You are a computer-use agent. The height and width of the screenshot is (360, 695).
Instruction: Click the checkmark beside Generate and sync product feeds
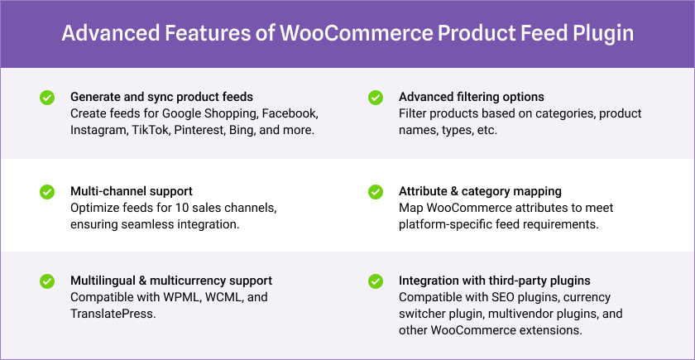click(47, 98)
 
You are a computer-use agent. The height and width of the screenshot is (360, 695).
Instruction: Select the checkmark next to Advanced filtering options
click(376, 98)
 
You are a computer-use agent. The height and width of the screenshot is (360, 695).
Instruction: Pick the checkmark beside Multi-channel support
click(47, 192)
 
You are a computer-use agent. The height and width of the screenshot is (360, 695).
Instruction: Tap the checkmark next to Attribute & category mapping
click(376, 192)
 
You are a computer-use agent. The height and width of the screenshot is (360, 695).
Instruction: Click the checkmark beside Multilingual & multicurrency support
click(47, 281)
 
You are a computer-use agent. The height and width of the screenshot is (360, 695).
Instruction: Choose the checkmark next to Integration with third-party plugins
click(376, 281)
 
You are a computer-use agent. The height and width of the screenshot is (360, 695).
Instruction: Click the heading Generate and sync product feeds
click(162, 97)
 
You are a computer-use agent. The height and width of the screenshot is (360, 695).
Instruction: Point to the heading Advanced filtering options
click(472, 97)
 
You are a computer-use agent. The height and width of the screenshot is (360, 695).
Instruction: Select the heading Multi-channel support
click(132, 191)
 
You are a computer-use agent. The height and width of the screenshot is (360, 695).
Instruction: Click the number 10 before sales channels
click(181, 208)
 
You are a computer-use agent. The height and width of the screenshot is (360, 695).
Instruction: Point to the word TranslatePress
click(113, 314)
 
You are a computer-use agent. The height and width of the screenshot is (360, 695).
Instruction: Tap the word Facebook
click(290, 113)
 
